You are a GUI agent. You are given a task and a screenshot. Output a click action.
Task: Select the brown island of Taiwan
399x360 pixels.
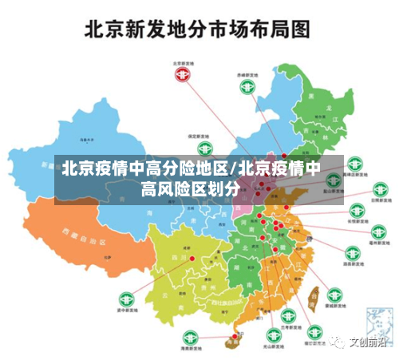(x=313, y=296)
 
